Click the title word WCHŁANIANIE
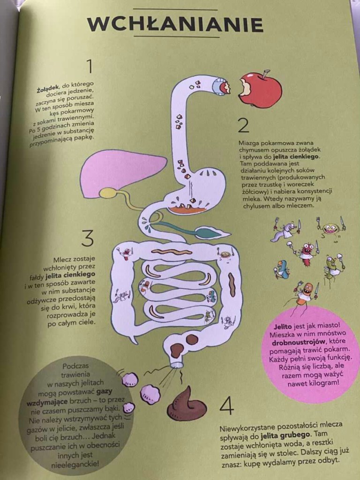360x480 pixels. pos(175,24)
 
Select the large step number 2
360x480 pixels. pos(243,125)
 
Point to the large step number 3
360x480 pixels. pos(88,239)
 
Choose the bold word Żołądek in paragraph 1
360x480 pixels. pos(47,90)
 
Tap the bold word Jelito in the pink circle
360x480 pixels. pos(283,327)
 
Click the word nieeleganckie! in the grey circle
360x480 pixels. pos(75,465)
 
